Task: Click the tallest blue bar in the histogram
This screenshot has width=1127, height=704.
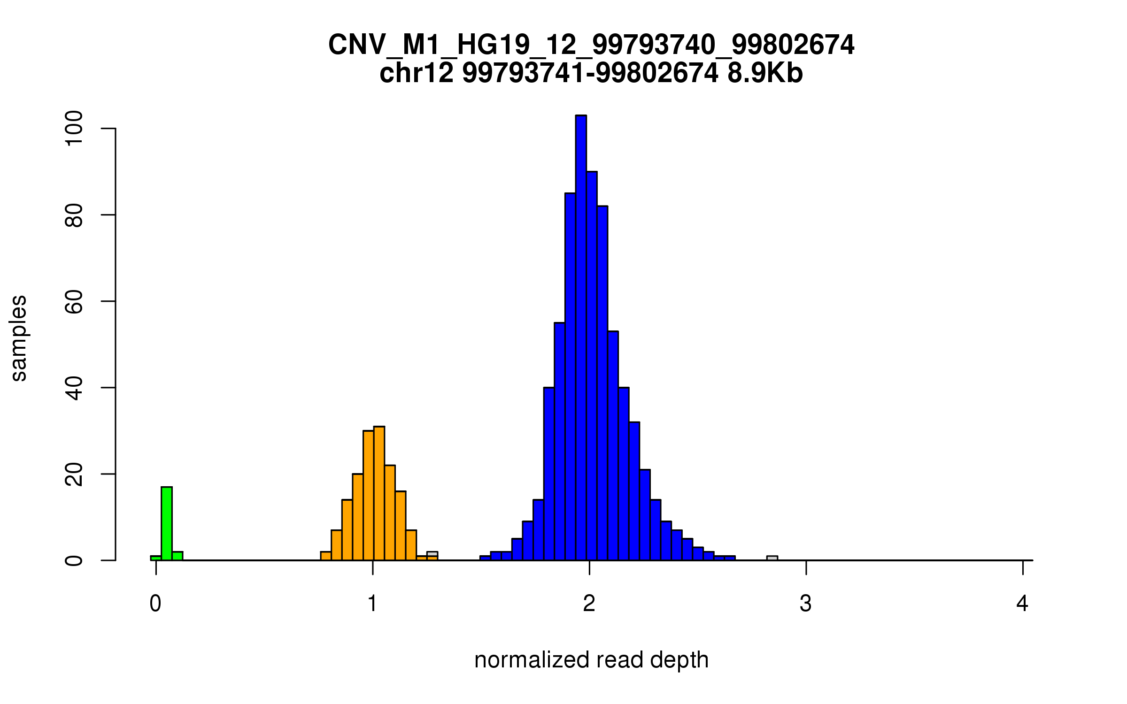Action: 581,338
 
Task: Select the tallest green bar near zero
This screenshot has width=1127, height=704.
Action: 167,523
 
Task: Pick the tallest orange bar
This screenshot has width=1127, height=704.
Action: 379,493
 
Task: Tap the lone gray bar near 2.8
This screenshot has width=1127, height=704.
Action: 772,558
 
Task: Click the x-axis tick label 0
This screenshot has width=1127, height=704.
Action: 155,604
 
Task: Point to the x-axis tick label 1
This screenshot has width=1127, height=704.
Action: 372,604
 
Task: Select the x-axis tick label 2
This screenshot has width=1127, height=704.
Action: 589,604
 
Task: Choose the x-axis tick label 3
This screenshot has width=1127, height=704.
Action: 806,604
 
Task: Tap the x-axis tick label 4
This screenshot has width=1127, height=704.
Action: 1022,604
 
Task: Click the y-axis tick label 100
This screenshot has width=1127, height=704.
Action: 74,128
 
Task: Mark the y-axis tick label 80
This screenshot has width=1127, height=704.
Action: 74,215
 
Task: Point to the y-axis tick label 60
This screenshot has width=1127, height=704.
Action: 74,301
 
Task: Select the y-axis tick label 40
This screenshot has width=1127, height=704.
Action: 74,388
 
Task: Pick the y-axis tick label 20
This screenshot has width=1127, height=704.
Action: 74,474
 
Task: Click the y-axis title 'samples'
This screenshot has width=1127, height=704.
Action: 19,338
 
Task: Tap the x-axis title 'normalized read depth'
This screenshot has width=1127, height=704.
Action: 591,660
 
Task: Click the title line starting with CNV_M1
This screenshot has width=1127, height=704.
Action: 591,45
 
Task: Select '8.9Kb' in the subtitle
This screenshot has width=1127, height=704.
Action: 765,73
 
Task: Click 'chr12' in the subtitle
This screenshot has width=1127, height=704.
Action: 417,73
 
